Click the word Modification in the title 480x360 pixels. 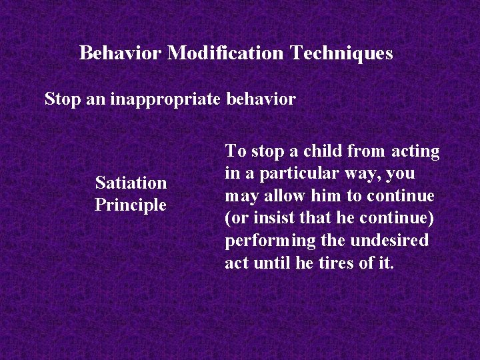pos(226,53)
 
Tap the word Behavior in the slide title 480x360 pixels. pos(121,53)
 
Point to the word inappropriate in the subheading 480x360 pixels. pos(164,99)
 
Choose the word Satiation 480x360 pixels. pos(131,182)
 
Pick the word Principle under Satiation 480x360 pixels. pos(130,205)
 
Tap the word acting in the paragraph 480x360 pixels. pos(415,151)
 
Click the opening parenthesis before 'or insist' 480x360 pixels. pos(227,218)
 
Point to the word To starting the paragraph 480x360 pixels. pos(235,151)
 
